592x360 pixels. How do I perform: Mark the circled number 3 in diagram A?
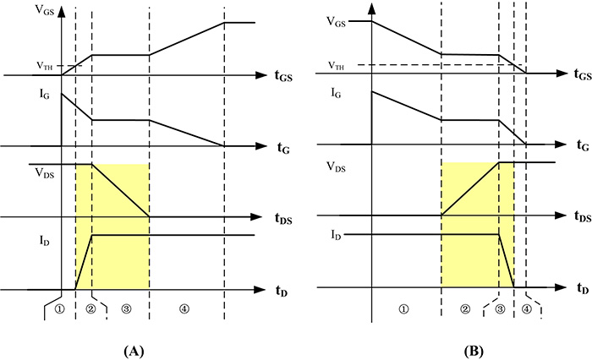[126, 309]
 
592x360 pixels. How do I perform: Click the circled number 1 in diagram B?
[405, 309]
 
